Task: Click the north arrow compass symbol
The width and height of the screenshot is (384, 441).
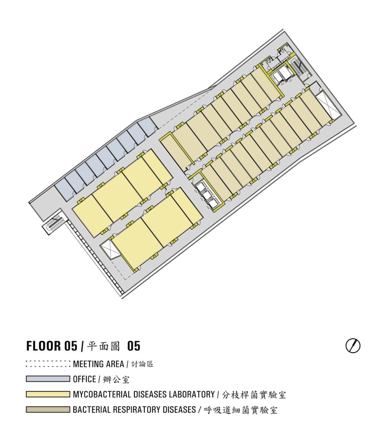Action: click(x=353, y=346)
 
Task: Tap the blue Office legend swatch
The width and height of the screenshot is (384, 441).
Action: click(x=48, y=379)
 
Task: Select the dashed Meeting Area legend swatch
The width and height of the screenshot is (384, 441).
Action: click(x=48, y=364)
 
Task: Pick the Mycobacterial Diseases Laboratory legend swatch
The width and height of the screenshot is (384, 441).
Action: click(x=48, y=394)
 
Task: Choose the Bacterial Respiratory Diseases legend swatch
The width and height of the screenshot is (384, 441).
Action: click(x=48, y=409)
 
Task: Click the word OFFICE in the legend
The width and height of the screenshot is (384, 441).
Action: click(x=84, y=379)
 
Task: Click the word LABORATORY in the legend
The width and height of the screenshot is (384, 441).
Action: click(x=192, y=394)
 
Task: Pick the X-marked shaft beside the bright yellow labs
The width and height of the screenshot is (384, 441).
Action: click(x=110, y=248)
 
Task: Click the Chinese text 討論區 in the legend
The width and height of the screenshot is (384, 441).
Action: click(x=142, y=364)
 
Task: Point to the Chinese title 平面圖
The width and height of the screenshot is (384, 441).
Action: click(x=103, y=346)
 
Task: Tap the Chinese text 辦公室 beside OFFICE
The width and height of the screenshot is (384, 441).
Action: click(x=116, y=380)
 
